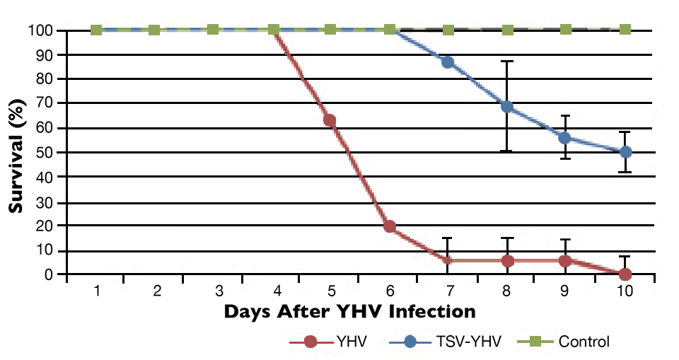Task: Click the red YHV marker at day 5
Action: coord(330,120)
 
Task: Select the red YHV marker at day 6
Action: coord(389,226)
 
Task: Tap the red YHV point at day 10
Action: coord(625,274)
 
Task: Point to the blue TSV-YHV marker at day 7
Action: coord(448,62)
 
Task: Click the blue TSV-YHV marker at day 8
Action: coord(507,107)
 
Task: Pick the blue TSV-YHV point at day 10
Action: coord(625,151)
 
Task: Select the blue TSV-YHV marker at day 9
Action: coord(565,137)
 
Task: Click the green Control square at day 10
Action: coord(625,30)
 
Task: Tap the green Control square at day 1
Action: coord(96,30)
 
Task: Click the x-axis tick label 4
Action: coord(275,291)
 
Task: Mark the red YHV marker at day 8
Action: coord(507,260)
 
